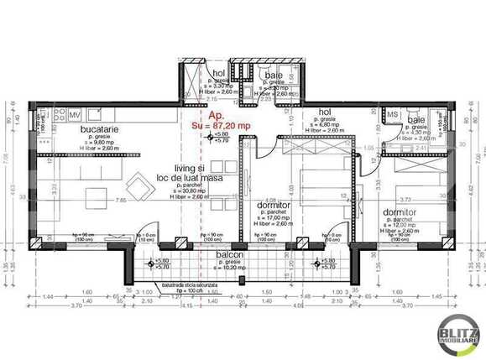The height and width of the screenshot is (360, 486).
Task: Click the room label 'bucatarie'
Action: tap(80, 131)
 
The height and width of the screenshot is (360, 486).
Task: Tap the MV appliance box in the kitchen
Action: tap(75, 115)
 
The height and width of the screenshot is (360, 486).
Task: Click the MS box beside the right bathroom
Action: tap(392, 114)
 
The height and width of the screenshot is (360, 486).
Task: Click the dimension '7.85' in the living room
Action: tap(121, 201)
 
